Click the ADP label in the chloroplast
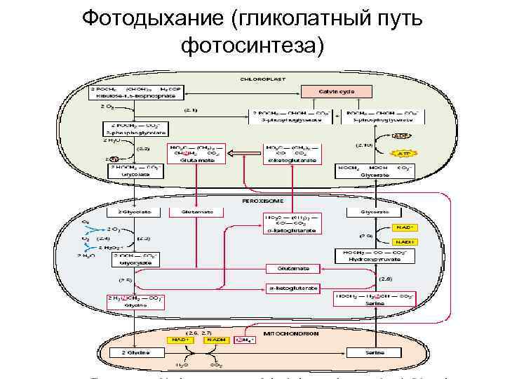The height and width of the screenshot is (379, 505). (401, 135)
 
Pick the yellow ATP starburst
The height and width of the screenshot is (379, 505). (402, 153)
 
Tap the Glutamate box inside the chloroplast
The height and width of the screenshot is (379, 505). (191, 154)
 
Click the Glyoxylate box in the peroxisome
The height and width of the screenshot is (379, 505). (134, 260)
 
